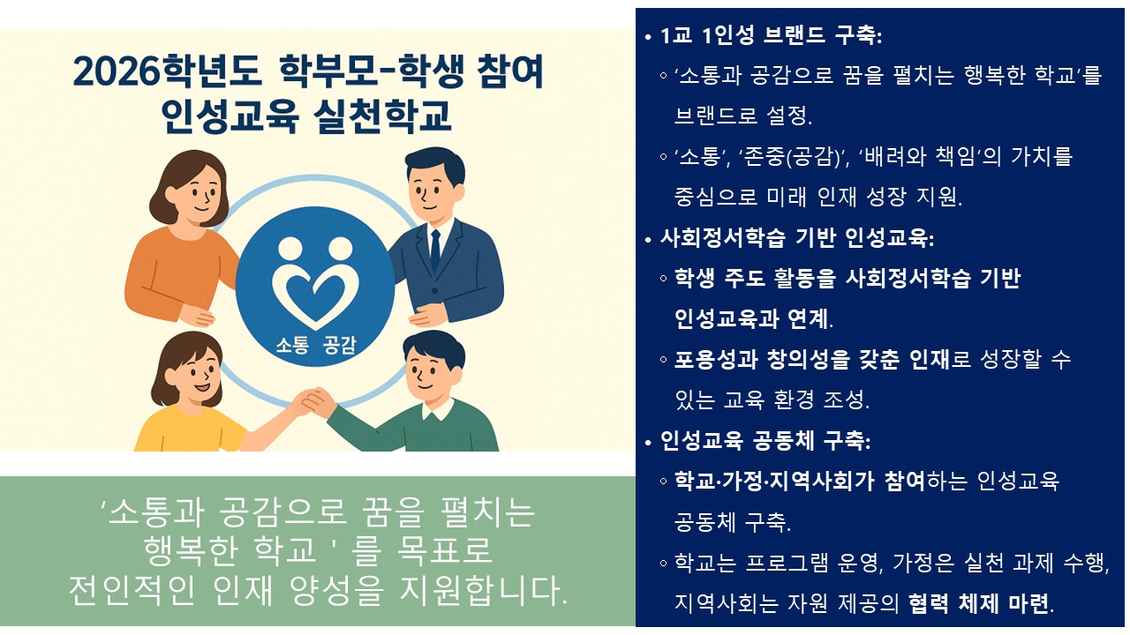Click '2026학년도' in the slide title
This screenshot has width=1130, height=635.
click(167, 71)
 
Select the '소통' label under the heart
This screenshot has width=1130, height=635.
click(291, 345)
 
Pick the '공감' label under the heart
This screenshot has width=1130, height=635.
click(339, 345)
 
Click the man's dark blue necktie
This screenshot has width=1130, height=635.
click(435, 250)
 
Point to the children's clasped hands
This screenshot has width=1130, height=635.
click(315, 400)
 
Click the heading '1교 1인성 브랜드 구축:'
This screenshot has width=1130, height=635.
click(771, 35)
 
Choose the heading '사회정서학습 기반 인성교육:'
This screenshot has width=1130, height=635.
click(797, 238)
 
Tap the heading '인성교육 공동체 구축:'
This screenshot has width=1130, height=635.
click(765, 441)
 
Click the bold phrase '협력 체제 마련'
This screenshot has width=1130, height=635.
click(979, 603)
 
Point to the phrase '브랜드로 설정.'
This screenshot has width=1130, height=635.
click(743, 116)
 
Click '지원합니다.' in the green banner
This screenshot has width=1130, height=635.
click(483, 590)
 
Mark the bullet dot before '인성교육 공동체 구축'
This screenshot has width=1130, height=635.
click(648, 442)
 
